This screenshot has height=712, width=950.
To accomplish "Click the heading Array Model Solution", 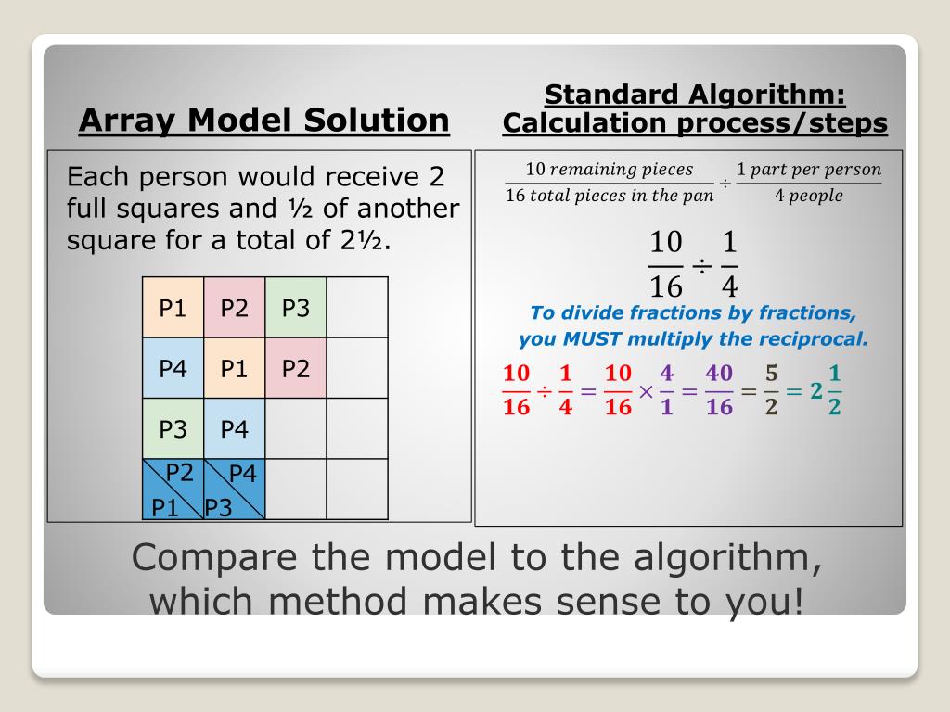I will pos(264,121).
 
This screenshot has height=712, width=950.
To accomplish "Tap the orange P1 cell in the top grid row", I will pos(173,308).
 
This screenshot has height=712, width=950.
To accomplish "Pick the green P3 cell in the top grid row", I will pos(295,308).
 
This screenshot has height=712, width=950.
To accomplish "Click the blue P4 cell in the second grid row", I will pos(173,368).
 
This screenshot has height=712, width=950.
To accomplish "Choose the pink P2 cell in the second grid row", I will pos(295,368).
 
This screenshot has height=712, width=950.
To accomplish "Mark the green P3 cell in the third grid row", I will pos(173,429).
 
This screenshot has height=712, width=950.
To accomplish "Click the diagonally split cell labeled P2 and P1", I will pos(173,489).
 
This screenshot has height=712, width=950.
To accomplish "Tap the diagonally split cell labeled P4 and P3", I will pos(234,489).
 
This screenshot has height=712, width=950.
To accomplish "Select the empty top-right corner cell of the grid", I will pos(357,308).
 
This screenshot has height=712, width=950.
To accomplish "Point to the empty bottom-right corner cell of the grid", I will pos(357,489).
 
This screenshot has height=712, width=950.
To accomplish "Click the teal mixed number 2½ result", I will pos(825,389).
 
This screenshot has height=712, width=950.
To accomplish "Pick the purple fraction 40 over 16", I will pos(719,389).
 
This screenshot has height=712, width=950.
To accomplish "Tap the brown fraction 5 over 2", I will pos(771,389).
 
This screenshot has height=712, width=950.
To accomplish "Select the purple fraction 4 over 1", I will pos(666,389).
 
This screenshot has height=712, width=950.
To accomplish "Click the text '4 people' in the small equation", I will pos(808,196).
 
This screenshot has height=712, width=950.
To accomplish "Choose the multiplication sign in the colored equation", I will pos(646,390).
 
